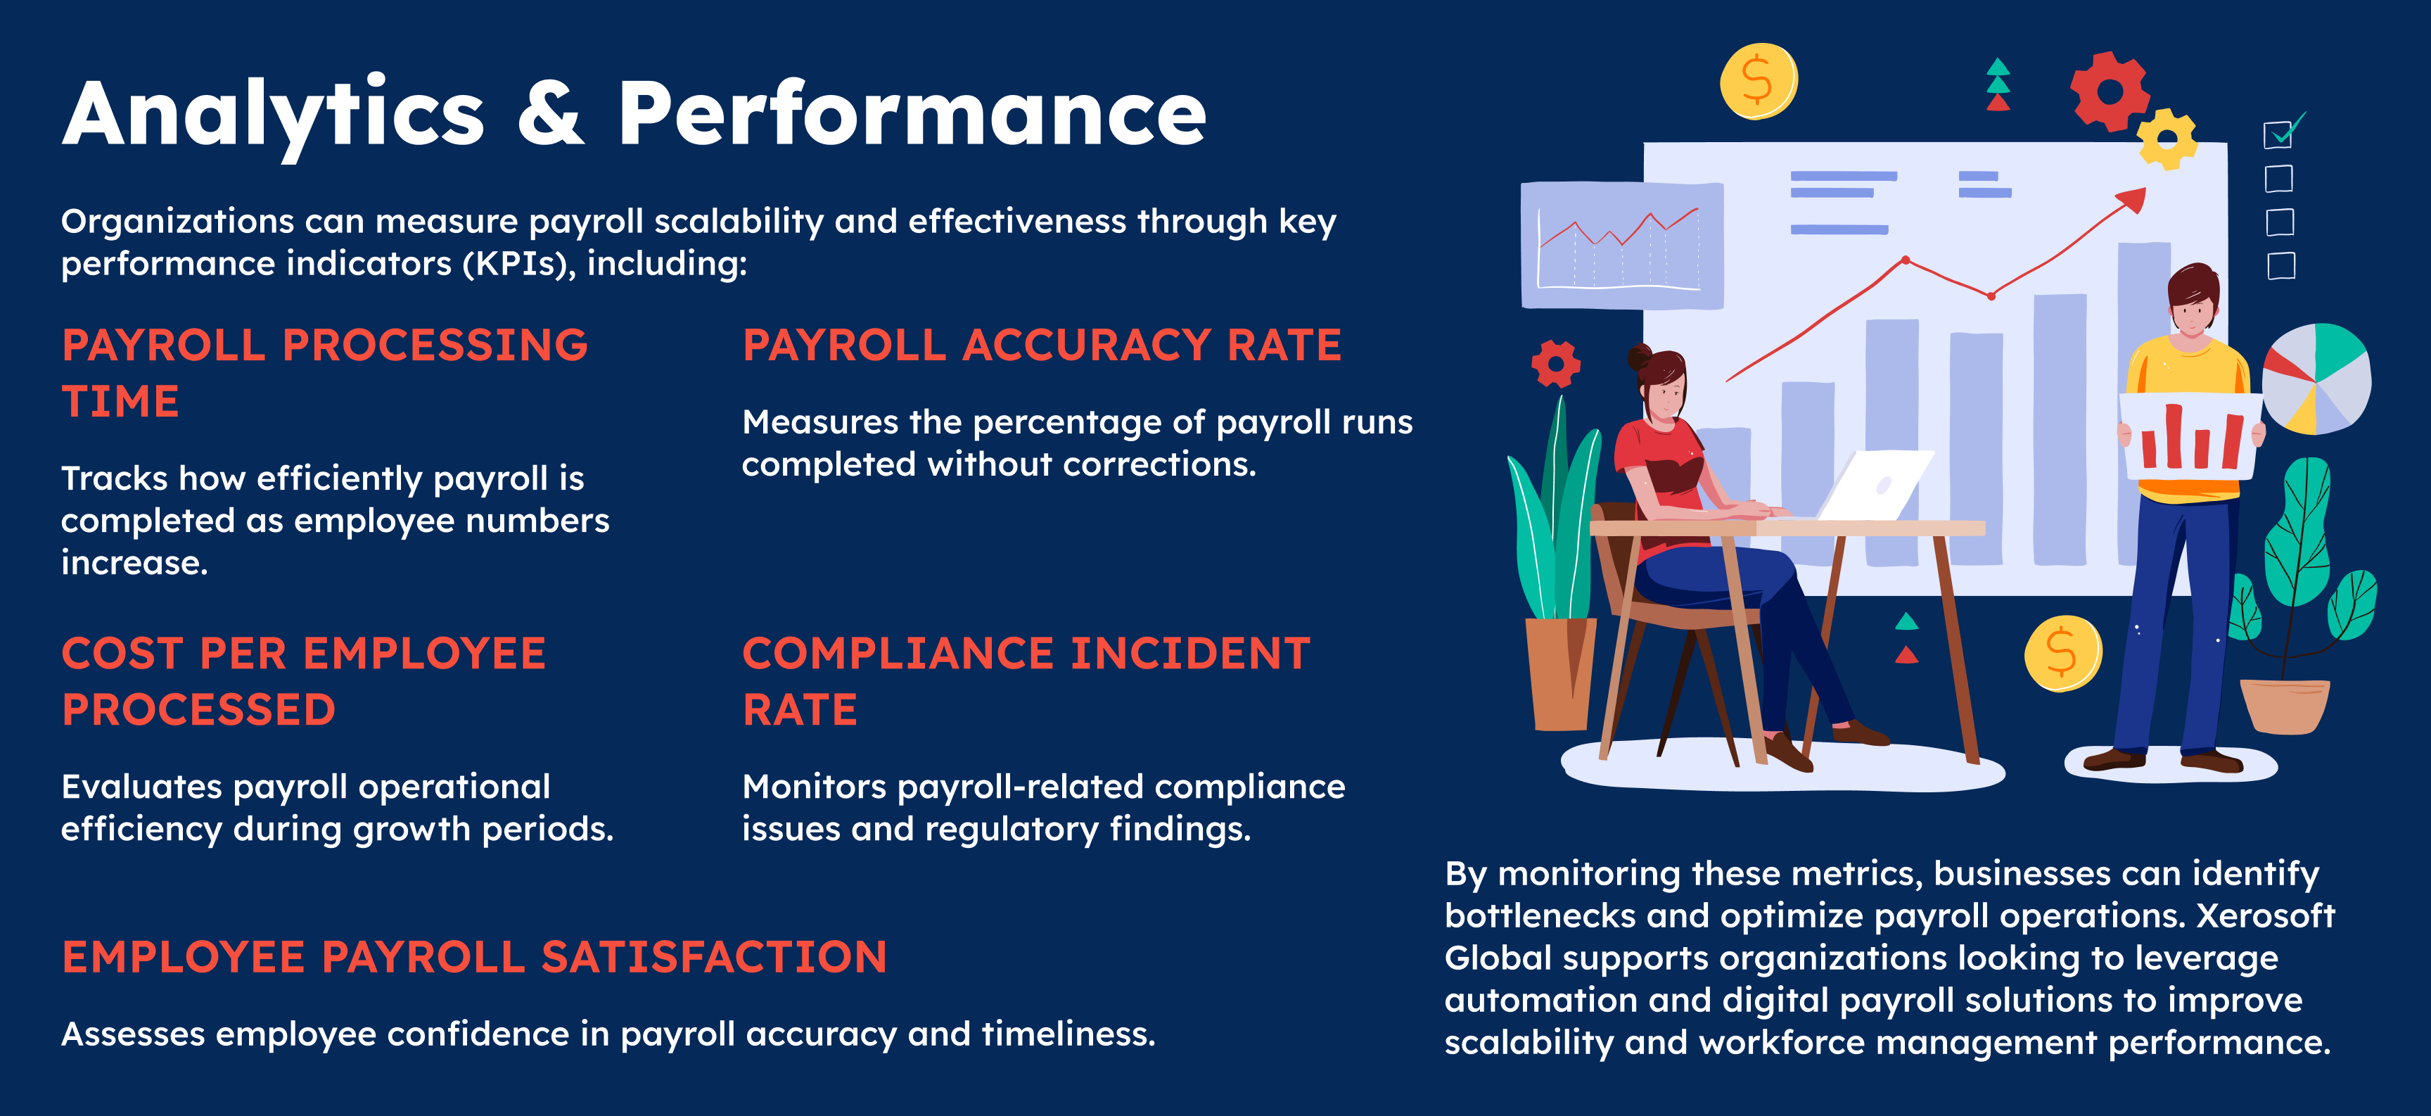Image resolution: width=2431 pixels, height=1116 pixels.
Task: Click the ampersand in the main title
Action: (x=551, y=114)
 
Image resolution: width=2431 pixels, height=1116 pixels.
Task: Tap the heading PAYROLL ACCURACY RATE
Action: (x=1042, y=345)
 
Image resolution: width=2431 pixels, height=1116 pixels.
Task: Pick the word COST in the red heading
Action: (x=122, y=654)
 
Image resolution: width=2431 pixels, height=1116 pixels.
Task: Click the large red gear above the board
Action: (x=2110, y=91)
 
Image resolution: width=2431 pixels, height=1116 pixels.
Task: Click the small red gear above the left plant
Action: (x=1556, y=364)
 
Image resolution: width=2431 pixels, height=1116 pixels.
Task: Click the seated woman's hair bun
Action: (x=1638, y=357)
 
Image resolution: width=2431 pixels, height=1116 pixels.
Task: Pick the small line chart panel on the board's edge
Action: (x=1622, y=246)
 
